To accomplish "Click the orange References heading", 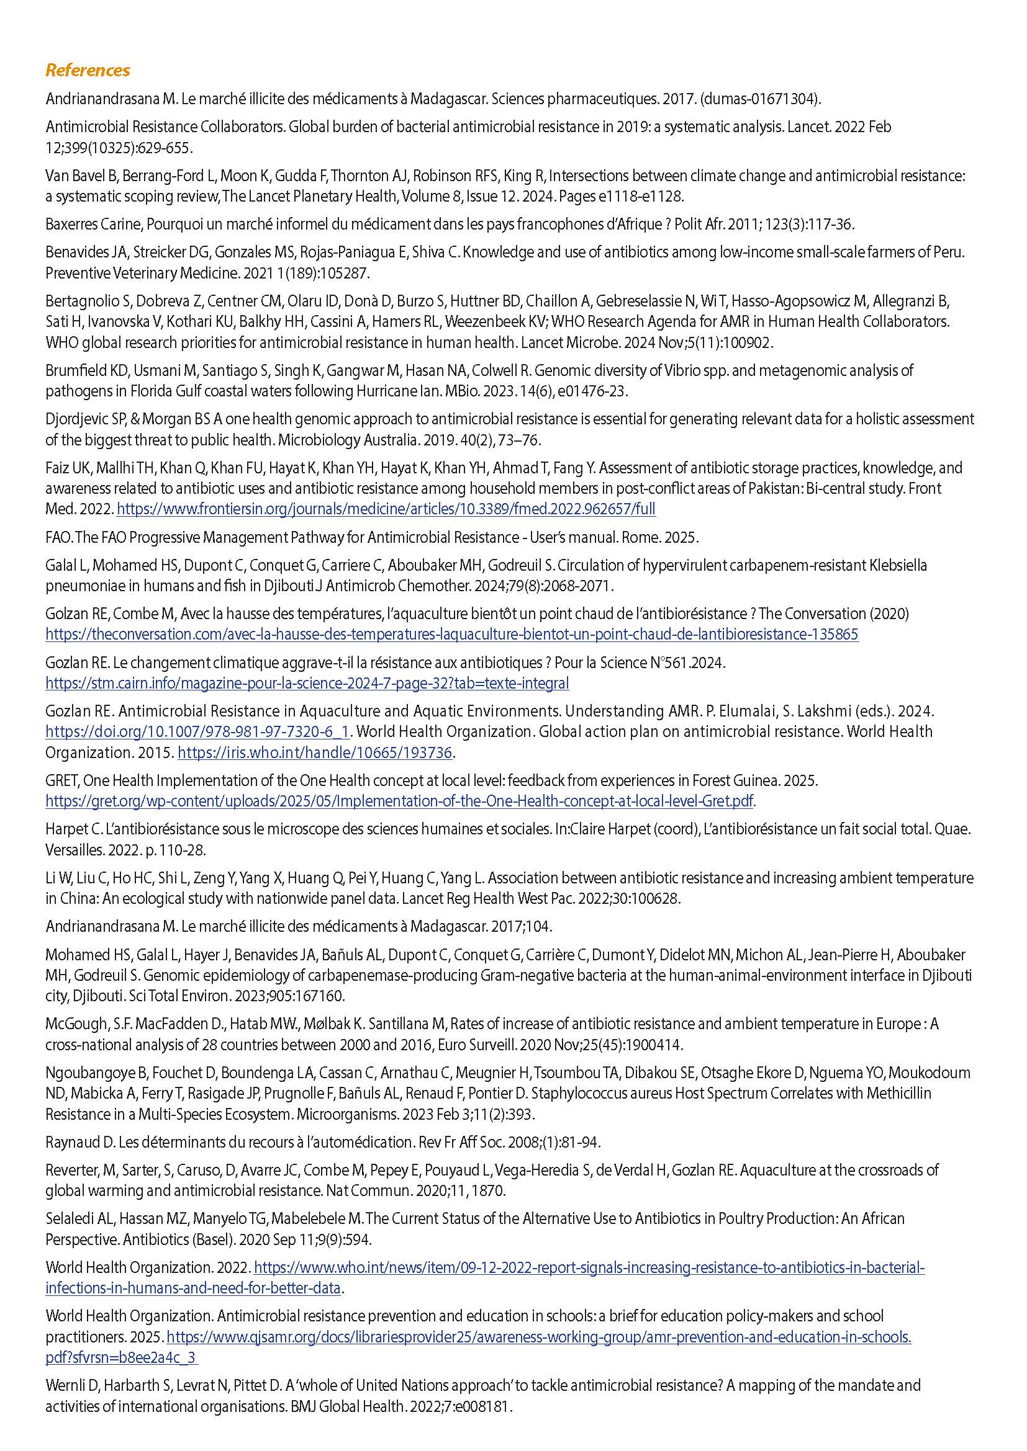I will tap(88, 70).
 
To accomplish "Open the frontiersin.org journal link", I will tap(386, 509).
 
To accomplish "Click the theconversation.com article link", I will tap(451, 634).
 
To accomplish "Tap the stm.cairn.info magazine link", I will tap(307, 683).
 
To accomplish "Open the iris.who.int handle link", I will tap(315, 752).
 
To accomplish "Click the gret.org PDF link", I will tap(400, 801).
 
